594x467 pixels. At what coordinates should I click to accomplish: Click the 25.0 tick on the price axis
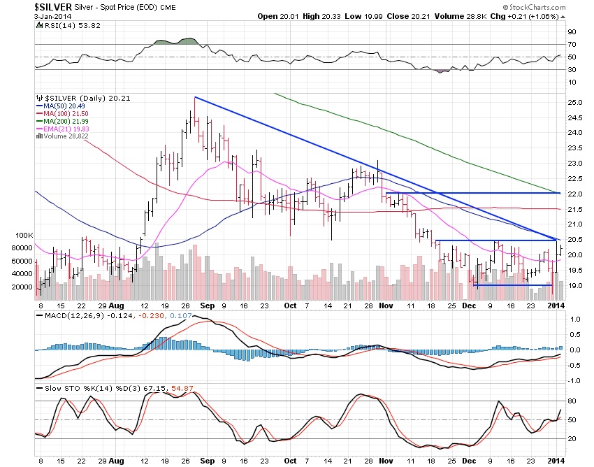click(x=575, y=103)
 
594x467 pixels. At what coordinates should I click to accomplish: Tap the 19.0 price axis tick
click(x=575, y=286)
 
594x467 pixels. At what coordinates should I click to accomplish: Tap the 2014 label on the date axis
click(x=556, y=306)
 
